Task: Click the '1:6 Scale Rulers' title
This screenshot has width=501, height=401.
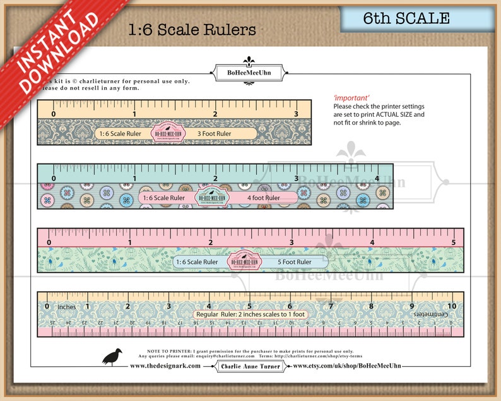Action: click(192, 30)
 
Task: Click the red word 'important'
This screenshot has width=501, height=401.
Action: click(351, 98)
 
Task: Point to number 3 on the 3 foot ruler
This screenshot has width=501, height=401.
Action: click(296, 114)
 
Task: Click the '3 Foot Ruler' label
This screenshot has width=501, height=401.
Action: click(215, 133)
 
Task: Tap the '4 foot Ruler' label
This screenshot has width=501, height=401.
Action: click(263, 198)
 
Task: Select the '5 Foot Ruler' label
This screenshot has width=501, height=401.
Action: click(295, 262)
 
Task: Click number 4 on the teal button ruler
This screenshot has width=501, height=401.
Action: click(377, 178)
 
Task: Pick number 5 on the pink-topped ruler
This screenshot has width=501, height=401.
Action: click(453, 242)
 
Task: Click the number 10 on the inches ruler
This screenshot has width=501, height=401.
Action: click(451, 306)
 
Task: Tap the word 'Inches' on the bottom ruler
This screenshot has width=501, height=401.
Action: click(67, 307)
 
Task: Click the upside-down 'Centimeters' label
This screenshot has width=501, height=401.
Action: click(432, 313)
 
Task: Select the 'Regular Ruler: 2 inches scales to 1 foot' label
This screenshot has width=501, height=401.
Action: click(250, 314)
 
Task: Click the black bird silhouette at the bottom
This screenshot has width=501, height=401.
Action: click(112, 356)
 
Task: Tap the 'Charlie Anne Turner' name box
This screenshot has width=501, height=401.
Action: click(250, 366)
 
